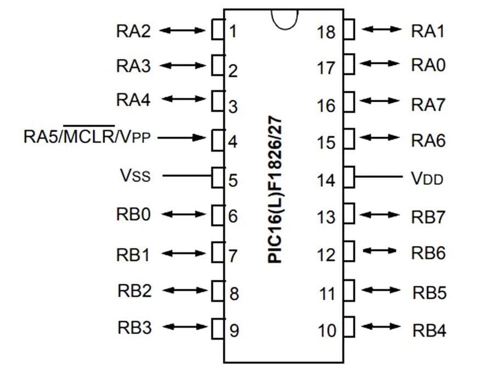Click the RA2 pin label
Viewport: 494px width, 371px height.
tap(133, 31)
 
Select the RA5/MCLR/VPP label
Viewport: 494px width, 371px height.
tap(87, 136)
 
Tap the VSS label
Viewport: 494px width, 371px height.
tap(134, 176)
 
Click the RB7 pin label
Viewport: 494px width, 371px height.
tap(428, 217)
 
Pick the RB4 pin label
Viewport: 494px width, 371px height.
tap(429, 330)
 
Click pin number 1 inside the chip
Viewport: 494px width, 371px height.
tap(232, 31)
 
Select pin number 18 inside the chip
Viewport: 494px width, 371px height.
tap(326, 32)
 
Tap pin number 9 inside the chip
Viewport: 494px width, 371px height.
tap(234, 331)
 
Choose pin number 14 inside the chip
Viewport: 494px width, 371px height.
tap(326, 180)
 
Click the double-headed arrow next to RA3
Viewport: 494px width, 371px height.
tap(184, 66)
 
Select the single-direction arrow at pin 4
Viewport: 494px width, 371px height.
tap(185, 137)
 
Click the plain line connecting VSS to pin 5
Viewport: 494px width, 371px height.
tap(187, 176)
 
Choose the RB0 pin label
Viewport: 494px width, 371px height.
tap(133, 214)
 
